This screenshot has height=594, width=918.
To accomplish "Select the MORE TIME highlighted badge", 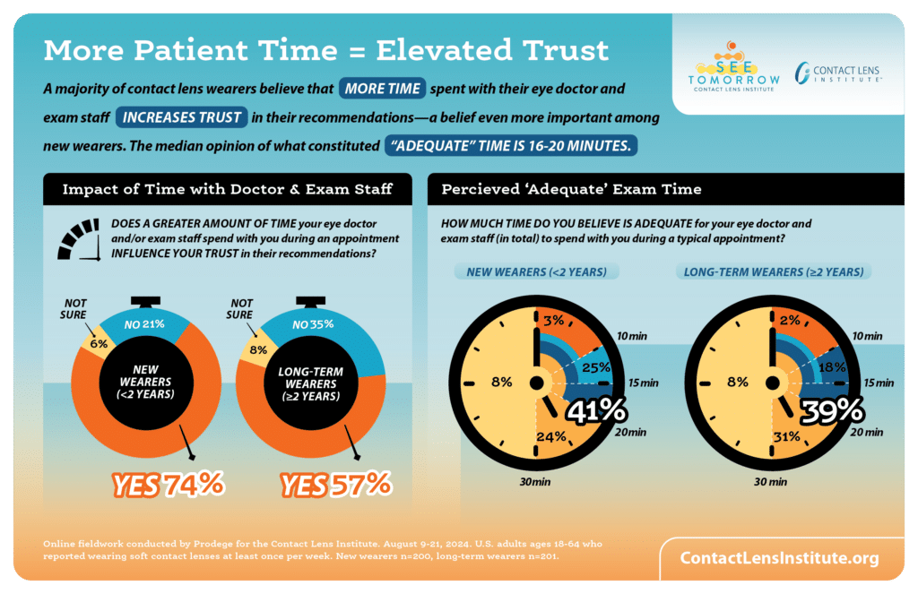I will (382, 90).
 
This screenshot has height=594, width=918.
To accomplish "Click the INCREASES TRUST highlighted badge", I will (182, 117).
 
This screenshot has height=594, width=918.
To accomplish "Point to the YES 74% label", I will (168, 485).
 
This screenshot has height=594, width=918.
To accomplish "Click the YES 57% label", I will (336, 485).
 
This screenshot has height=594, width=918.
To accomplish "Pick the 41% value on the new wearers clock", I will (594, 411).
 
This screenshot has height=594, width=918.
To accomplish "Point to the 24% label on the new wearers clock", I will (551, 437).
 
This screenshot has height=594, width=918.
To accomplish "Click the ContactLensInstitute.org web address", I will (778, 557).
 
